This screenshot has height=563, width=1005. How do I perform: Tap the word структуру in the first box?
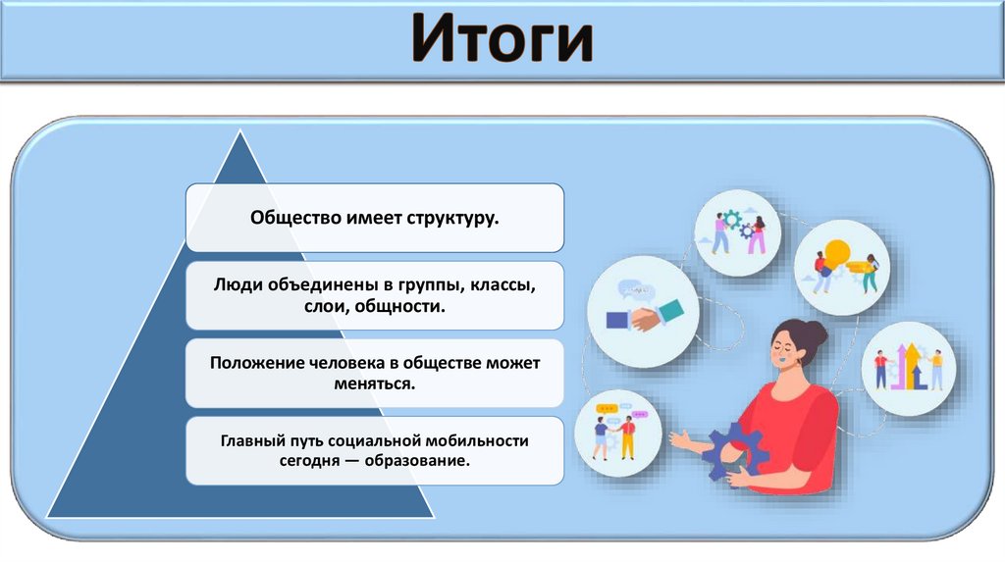point(454,217)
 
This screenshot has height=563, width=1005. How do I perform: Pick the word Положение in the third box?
point(251,363)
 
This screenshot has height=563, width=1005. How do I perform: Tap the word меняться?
point(375,384)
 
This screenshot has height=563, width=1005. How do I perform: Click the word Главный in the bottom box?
point(253,441)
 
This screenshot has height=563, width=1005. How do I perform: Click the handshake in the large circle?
point(643,317)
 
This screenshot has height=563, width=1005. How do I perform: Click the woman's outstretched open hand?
point(680,439)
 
